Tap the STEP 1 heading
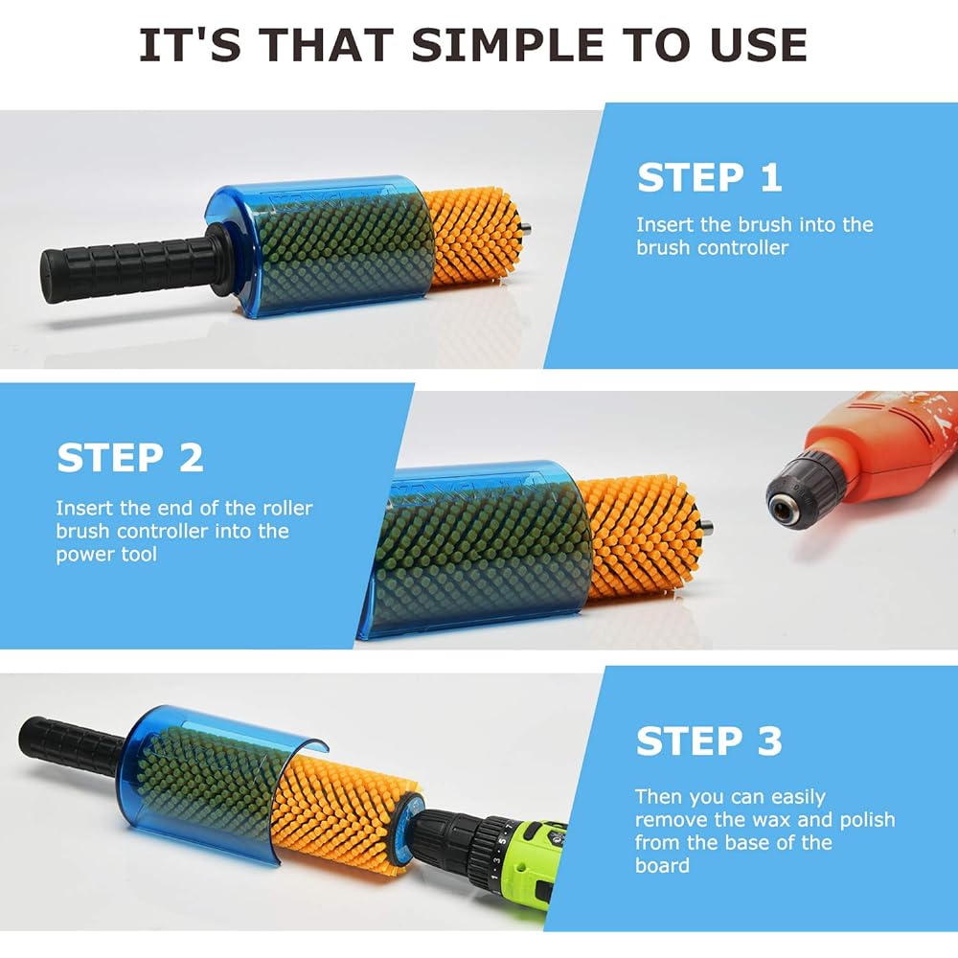coord(709,178)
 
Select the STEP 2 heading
coord(130,458)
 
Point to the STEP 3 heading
coord(709,741)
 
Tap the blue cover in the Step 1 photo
coord(316,247)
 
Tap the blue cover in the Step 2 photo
coord(479,551)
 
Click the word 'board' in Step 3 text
coord(661,866)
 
